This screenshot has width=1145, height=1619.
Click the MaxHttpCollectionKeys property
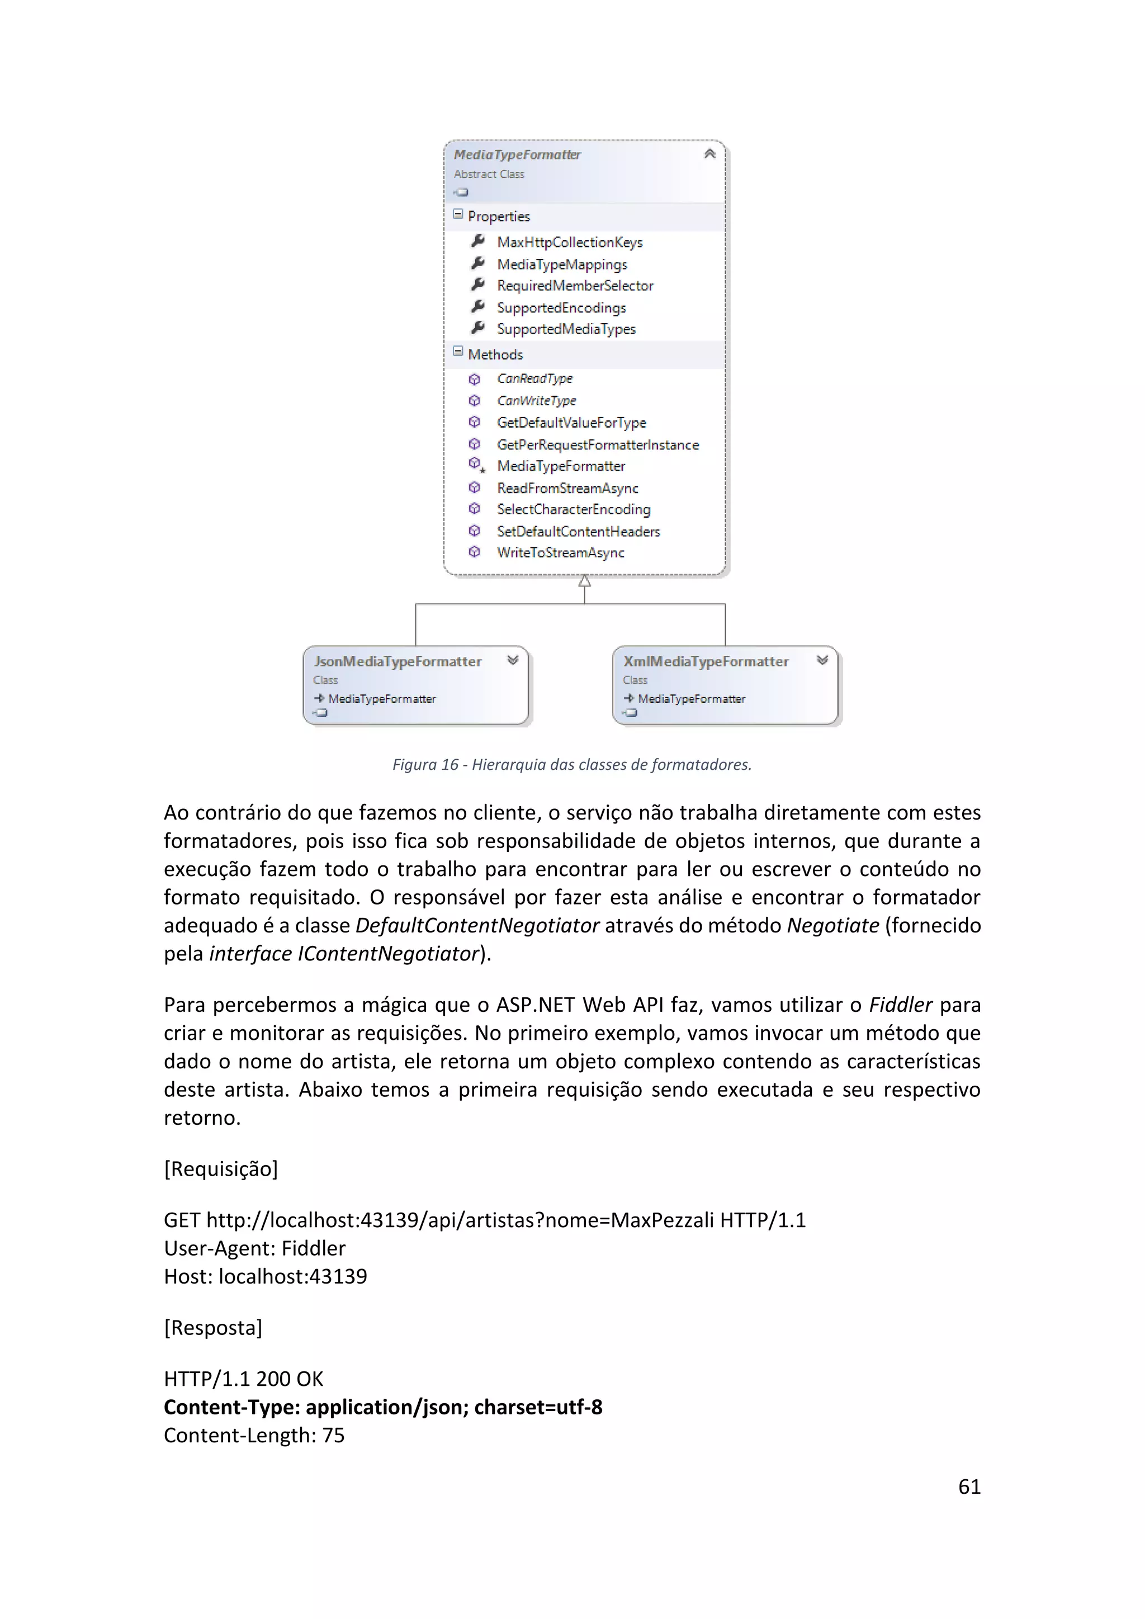click(569, 243)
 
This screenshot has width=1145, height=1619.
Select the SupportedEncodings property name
click(561, 308)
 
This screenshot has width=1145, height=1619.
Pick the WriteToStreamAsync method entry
click(561, 553)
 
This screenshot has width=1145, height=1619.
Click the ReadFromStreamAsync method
click(567, 488)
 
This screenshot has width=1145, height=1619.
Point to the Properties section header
click(499, 216)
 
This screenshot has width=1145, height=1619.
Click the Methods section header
click(495, 354)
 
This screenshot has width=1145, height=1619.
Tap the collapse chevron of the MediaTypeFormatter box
click(709, 154)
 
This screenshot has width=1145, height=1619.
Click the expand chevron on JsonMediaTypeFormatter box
click(513, 660)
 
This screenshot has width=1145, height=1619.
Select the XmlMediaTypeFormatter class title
click(706, 661)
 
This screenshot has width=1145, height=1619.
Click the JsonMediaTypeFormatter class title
click(398, 661)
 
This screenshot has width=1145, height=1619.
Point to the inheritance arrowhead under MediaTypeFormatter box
click(584, 582)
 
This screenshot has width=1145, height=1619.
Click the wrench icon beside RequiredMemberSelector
click(477, 285)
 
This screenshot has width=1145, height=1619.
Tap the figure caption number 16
click(450, 764)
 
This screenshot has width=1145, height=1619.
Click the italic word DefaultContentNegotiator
click(477, 925)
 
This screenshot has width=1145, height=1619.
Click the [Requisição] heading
click(221, 1169)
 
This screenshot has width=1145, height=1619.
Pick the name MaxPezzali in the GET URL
click(662, 1220)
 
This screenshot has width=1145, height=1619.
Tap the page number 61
click(969, 1487)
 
